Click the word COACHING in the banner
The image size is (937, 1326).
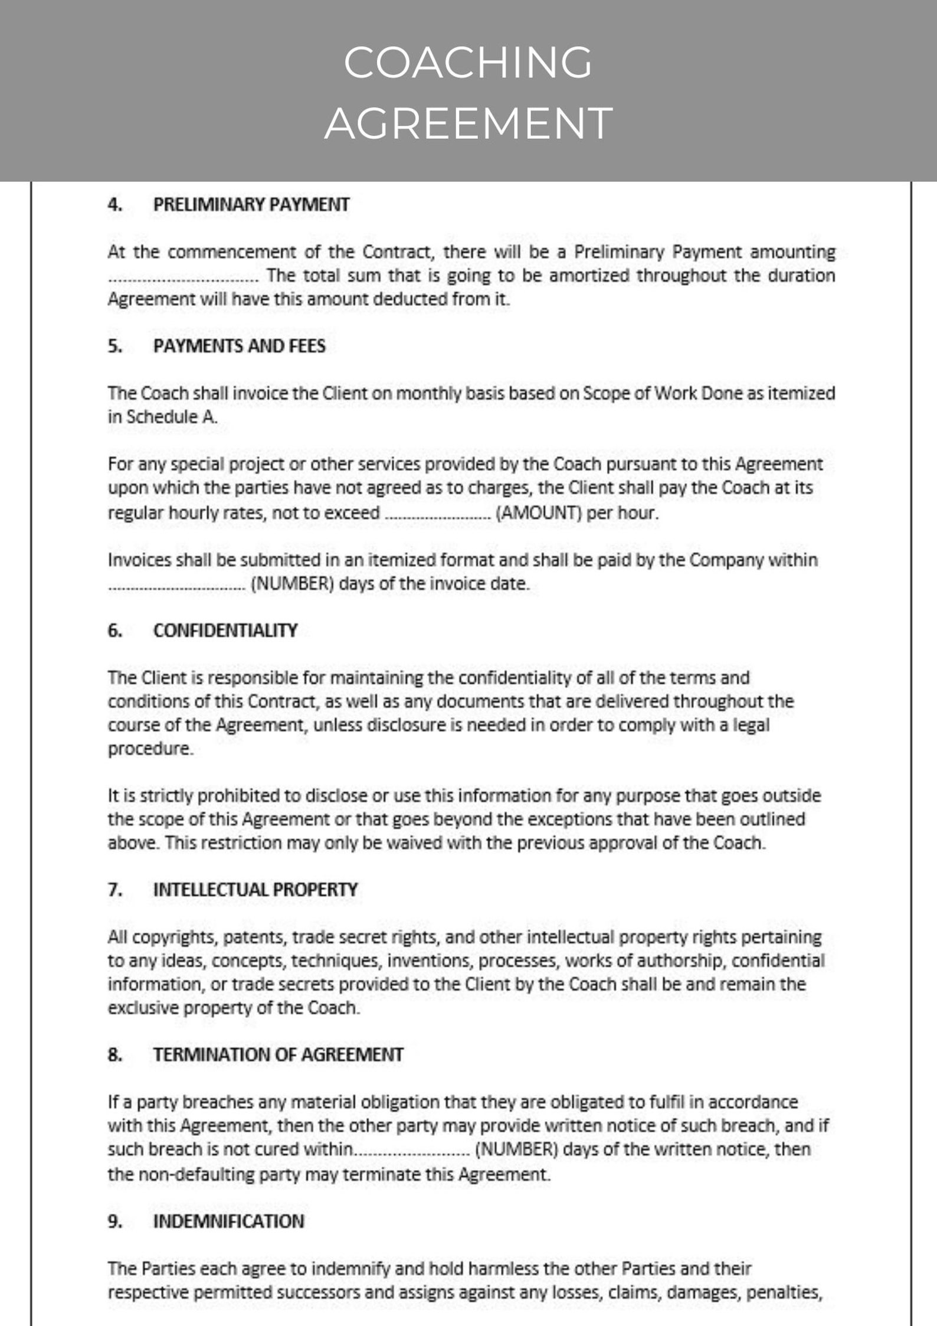(x=468, y=63)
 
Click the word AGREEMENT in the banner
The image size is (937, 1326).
(x=468, y=123)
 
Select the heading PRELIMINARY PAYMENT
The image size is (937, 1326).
(x=251, y=205)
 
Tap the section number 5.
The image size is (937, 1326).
(x=114, y=346)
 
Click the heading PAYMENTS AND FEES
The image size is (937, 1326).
(x=239, y=346)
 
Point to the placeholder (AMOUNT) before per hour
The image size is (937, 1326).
(x=539, y=512)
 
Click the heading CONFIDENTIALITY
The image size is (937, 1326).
(x=225, y=631)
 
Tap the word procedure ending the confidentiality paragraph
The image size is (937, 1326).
(x=149, y=749)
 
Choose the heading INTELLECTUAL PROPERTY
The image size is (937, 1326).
(x=255, y=890)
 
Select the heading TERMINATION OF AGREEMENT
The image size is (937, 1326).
(x=278, y=1055)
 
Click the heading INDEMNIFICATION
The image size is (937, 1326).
(x=228, y=1222)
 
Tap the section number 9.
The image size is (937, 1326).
(x=114, y=1222)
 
